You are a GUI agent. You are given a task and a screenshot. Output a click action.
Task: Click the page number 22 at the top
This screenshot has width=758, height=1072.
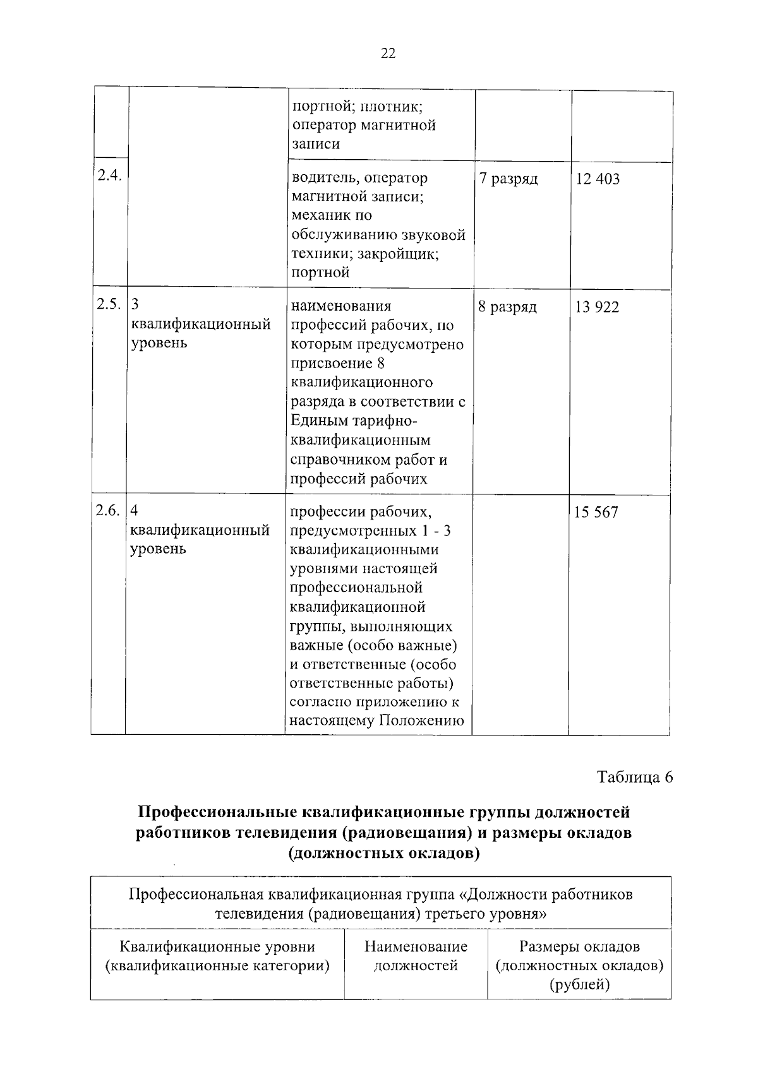[388, 54]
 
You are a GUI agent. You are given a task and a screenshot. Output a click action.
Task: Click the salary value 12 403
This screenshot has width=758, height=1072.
[598, 179]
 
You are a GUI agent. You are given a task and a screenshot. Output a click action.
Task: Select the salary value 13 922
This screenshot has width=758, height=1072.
[597, 307]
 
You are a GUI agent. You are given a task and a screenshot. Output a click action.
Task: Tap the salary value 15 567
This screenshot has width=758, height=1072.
[596, 513]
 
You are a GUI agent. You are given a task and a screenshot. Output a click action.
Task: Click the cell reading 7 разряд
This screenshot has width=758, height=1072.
[508, 179]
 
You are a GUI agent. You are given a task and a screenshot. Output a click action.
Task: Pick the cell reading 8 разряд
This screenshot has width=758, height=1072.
[507, 307]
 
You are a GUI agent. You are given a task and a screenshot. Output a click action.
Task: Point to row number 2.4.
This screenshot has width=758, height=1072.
[109, 176]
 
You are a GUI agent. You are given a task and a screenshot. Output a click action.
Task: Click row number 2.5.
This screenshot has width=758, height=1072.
[108, 304]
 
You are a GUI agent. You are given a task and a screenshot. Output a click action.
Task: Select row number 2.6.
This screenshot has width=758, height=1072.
[107, 511]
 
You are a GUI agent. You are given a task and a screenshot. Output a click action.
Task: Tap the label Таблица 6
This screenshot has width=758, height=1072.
[635, 777]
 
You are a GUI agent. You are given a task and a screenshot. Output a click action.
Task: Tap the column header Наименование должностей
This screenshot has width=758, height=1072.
[416, 956]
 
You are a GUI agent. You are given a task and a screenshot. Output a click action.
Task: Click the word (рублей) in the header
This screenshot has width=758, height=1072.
[579, 984]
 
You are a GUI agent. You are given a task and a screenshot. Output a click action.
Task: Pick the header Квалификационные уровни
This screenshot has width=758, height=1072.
[217, 947]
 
